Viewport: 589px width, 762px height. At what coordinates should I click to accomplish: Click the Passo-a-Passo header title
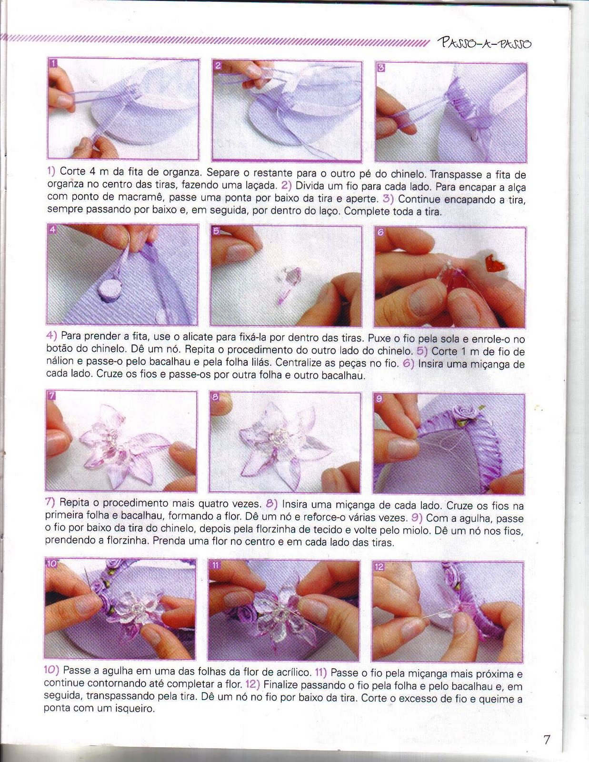[x=485, y=44]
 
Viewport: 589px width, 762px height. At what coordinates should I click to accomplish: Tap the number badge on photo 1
[x=52, y=63]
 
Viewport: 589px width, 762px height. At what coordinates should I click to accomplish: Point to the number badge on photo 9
[x=379, y=399]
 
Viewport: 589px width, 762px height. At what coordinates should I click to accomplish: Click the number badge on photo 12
[x=379, y=567]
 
